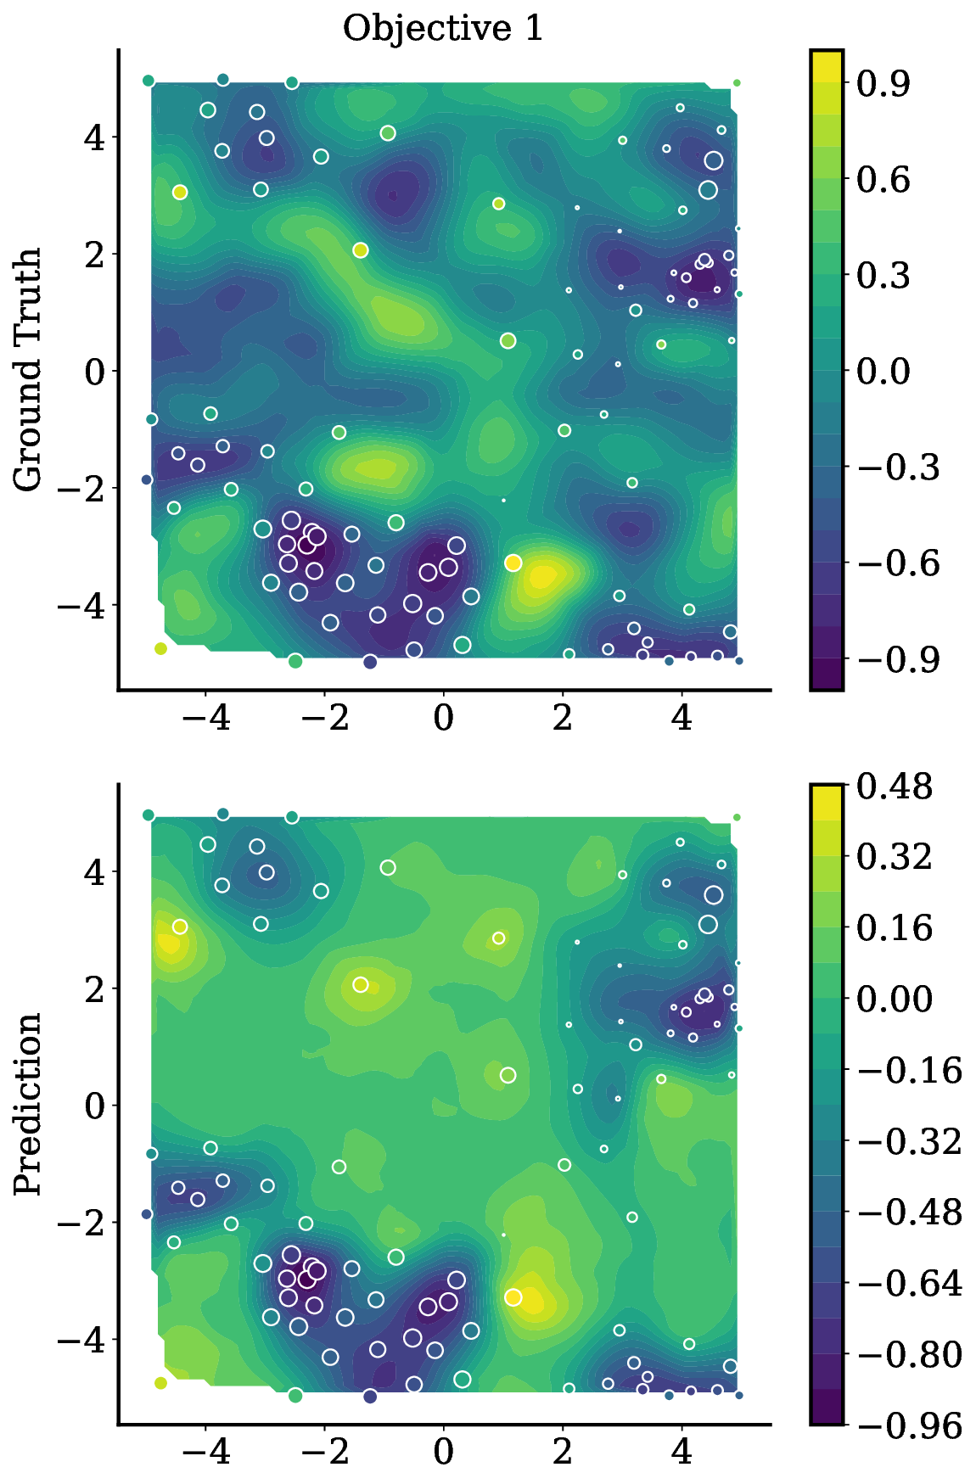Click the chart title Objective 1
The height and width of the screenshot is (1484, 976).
click(x=442, y=29)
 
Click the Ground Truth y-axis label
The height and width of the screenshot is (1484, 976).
click(x=29, y=369)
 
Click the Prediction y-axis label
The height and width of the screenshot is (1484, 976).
click(x=29, y=1103)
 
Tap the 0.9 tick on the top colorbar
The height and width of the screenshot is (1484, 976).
click(x=883, y=83)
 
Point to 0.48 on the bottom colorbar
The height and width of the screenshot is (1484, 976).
click(x=894, y=787)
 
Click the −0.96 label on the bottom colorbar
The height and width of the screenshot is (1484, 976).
click(x=909, y=1425)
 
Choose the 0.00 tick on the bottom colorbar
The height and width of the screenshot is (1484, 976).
click(x=894, y=999)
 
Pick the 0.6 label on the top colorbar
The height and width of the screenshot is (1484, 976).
click(x=883, y=179)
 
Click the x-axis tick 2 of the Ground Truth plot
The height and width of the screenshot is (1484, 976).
click(x=563, y=718)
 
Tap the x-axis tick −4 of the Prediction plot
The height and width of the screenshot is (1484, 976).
click(x=205, y=1452)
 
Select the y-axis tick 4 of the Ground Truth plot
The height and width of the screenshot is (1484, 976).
click(x=93, y=137)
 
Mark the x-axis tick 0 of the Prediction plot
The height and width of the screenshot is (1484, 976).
click(x=443, y=1452)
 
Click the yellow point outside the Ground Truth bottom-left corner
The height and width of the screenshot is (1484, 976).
click(x=160, y=649)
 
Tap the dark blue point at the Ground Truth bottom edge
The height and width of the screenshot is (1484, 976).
click(x=370, y=662)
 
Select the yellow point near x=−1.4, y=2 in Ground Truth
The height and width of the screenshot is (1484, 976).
click(x=360, y=250)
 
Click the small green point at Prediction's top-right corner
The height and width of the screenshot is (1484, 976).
click(x=737, y=817)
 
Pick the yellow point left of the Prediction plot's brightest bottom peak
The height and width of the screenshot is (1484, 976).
click(x=513, y=1297)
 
